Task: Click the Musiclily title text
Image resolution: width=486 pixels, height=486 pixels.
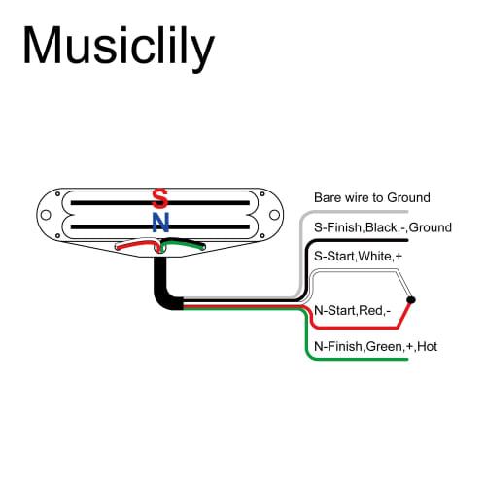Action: pyautogui.click(x=118, y=46)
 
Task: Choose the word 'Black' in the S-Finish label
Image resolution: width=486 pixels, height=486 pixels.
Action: pyautogui.click(x=384, y=226)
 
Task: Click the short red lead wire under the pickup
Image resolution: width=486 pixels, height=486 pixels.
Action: pyautogui.click(x=134, y=246)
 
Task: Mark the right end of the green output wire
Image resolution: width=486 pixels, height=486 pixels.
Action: pyautogui.click(x=406, y=360)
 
